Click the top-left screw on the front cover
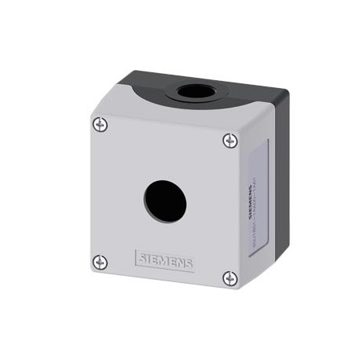tap(99, 123)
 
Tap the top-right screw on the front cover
tap(229, 140)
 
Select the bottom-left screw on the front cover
tap(99, 261)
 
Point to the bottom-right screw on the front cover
tap(230, 277)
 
